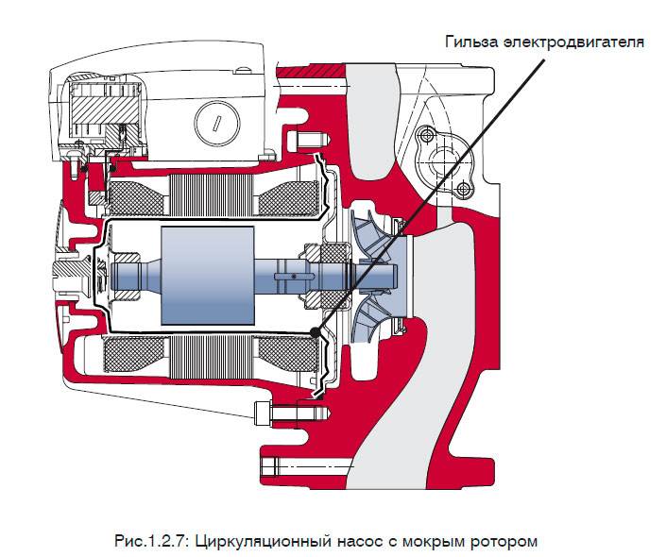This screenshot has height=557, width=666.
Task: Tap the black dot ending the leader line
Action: tap(312, 330)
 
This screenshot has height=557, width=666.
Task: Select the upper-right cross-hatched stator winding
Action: tap(283, 195)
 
